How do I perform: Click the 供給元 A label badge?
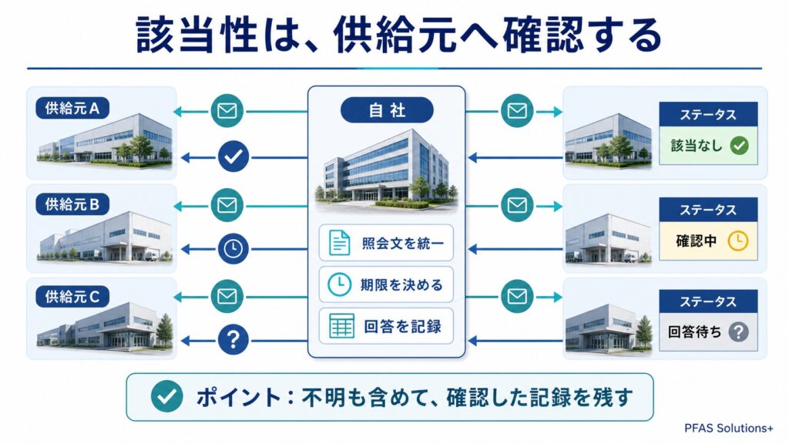tap(72, 108)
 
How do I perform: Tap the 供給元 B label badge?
tap(72, 204)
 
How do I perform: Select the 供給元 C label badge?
tap(72, 297)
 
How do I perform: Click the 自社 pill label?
tap(387, 110)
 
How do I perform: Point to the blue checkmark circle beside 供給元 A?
tap(233, 156)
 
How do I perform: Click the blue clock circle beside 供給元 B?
tap(233, 249)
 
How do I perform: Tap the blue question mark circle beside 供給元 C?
tap(233, 340)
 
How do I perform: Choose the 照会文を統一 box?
tap(386, 243)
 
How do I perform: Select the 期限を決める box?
tap(386, 285)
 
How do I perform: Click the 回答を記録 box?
tap(386, 326)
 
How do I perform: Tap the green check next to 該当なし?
tap(739, 146)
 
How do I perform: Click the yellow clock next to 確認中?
tap(738, 241)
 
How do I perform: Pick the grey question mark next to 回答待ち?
tap(738, 331)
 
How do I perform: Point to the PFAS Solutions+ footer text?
tap(728, 429)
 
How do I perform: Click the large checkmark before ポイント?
tap(166, 396)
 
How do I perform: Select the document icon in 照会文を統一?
tap(339, 243)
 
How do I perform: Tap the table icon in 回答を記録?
tap(341, 326)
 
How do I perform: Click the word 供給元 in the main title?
tap(396, 35)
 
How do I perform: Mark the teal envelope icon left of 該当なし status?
tap(517, 111)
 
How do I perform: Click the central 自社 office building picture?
tap(387, 169)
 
